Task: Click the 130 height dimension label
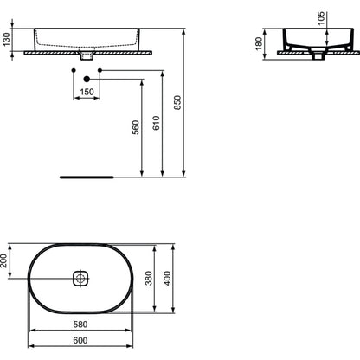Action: pos(6,39)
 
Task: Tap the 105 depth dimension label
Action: pos(321,18)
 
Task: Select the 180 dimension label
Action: pos(259,43)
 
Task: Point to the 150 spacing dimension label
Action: pos(87,92)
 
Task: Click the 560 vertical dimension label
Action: pos(135,127)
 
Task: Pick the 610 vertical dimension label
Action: pos(156,123)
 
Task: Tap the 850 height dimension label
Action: pos(177,102)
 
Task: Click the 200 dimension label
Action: pos(3,260)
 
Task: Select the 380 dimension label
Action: pos(149,278)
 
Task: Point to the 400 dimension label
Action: pos(167,278)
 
